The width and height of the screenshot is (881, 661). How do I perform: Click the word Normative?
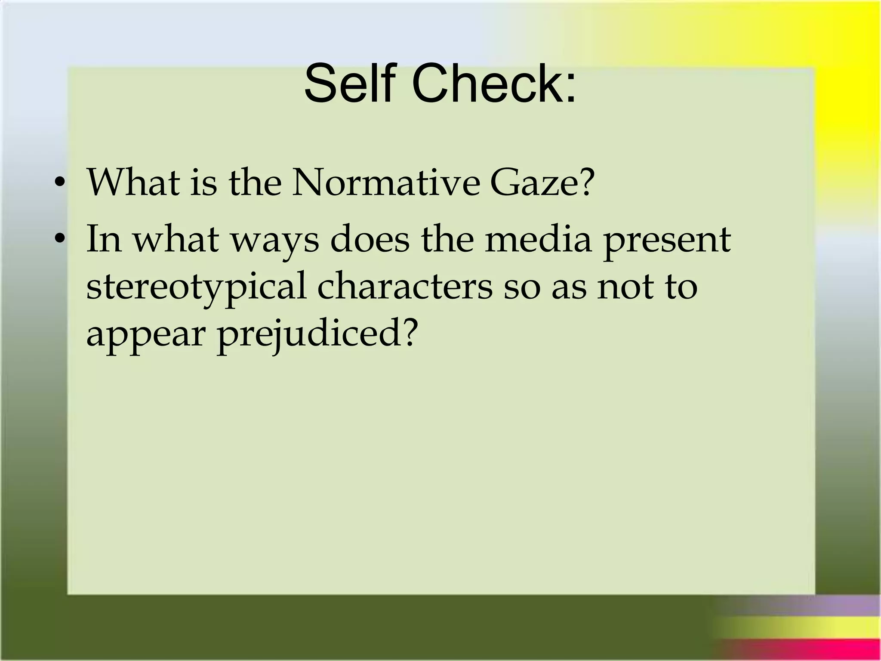point(385,182)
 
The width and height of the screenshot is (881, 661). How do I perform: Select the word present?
point(667,241)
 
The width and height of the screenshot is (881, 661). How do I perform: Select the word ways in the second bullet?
point(275,241)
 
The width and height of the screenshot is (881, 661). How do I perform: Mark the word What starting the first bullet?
point(133,182)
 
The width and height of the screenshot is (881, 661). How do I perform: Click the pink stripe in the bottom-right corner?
point(800,650)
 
